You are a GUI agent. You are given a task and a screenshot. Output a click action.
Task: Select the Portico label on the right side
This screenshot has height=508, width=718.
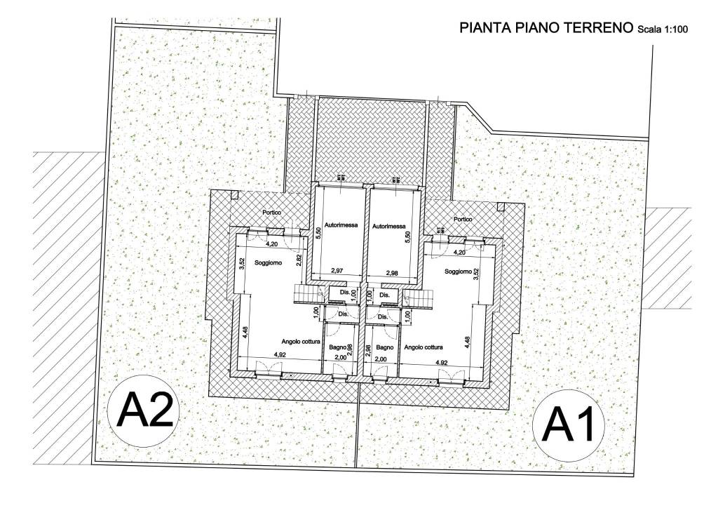click(x=463, y=219)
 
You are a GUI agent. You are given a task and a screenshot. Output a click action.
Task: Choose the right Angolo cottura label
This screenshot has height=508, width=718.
click(x=424, y=347)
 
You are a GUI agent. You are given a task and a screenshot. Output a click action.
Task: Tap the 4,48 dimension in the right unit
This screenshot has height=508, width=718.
click(x=467, y=341)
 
